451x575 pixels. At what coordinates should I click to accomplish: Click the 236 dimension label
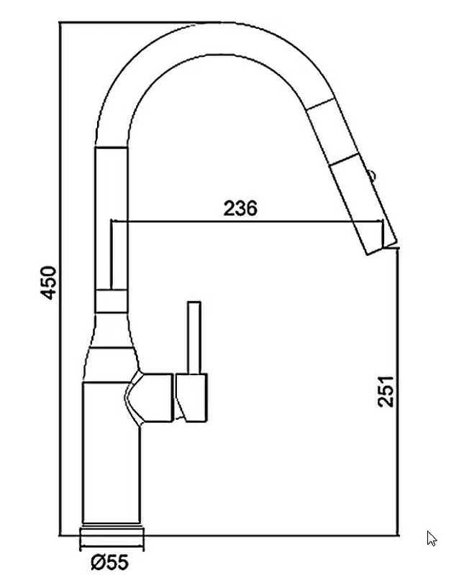coord(240,208)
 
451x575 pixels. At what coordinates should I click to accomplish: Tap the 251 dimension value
coord(387,390)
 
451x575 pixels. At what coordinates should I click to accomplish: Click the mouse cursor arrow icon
coord(432,538)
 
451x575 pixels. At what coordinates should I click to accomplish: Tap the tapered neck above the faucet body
coord(112,338)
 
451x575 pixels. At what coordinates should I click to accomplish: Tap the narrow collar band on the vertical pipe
coord(111,301)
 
